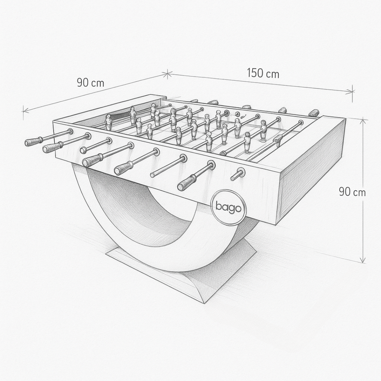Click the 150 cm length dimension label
(x=263, y=73)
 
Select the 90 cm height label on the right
(x=352, y=192)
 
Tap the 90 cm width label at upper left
(x=91, y=83)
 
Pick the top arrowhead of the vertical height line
(x=363, y=121)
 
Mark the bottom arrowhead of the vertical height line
(x=362, y=260)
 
